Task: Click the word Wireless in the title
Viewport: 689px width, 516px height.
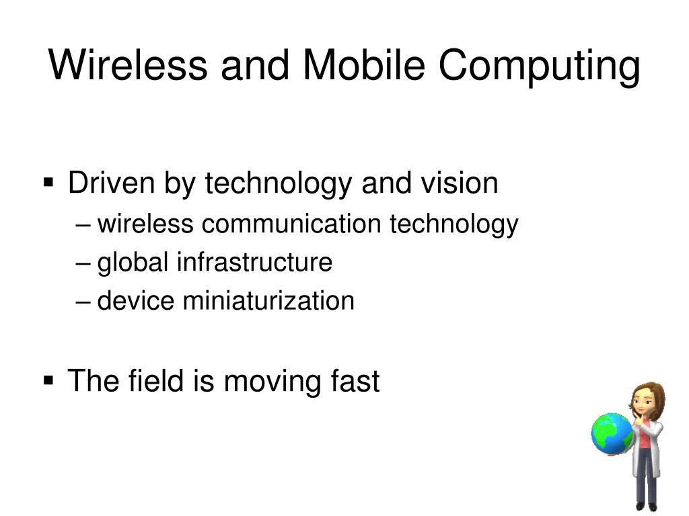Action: click(x=127, y=66)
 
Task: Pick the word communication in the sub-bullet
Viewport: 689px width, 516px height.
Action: click(x=293, y=224)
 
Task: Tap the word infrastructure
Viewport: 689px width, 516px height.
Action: click(x=254, y=262)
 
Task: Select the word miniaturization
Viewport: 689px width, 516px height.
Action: click(x=268, y=300)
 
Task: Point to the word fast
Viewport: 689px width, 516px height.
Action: click(x=355, y=381)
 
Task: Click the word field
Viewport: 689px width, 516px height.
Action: click(x=153, y=381)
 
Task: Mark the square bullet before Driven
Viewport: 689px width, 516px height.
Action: click(x=49, y=181)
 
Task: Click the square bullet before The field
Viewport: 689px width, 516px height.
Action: click(x=49, y=380)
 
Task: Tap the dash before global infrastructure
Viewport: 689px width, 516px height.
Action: click(x=83, y=263)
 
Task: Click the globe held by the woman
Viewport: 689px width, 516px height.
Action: click(x=611, y=433)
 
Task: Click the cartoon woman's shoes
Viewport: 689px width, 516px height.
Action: click(x=646, y=505)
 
